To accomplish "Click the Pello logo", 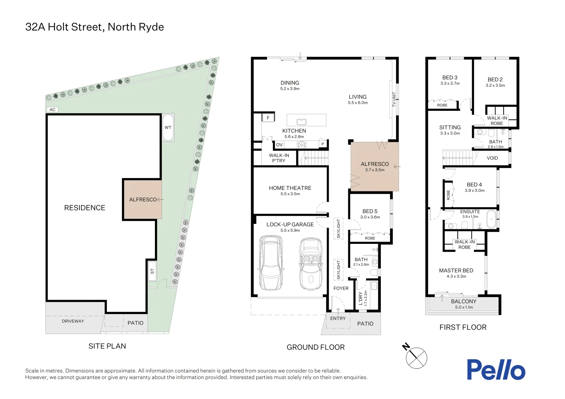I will tap(495, 369).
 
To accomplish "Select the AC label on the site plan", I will tap(53, 110).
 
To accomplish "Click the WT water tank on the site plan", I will tap(168, 127).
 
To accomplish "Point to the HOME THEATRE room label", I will tap(290, 188).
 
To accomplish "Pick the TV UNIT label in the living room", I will tap(394, 99).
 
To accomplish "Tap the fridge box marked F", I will tap(268, 118).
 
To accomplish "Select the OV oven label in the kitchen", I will tap(280, 145).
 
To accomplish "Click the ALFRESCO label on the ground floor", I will tap(375, 164).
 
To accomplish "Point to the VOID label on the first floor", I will tap(492, 158).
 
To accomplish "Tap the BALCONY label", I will tap(464, 301).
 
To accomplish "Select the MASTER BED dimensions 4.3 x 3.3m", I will tap(456, 276).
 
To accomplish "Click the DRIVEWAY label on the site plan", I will tap(73, 321).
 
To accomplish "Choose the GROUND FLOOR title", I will tap(315, 347).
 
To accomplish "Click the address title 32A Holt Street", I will tap(94, 27).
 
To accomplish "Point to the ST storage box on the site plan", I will tap(152, 271).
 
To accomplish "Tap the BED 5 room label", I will tap(370, 211).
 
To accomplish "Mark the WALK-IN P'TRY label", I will tap(279, 158).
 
